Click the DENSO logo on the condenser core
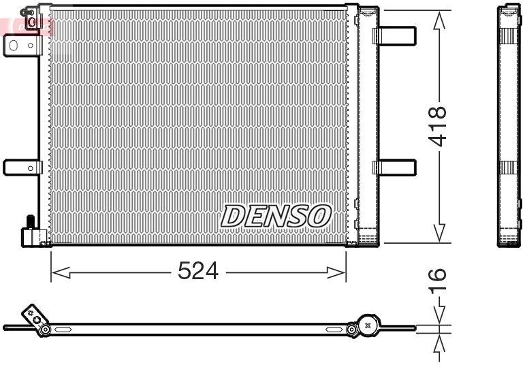coord(276,216)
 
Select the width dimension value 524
coord(197,272)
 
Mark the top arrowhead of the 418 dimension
coord(440,20)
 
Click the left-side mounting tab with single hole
coord(22,167)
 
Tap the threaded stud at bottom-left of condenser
coord(31,222)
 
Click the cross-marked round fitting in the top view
coord(368,325)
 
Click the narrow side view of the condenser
coord(509,126)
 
